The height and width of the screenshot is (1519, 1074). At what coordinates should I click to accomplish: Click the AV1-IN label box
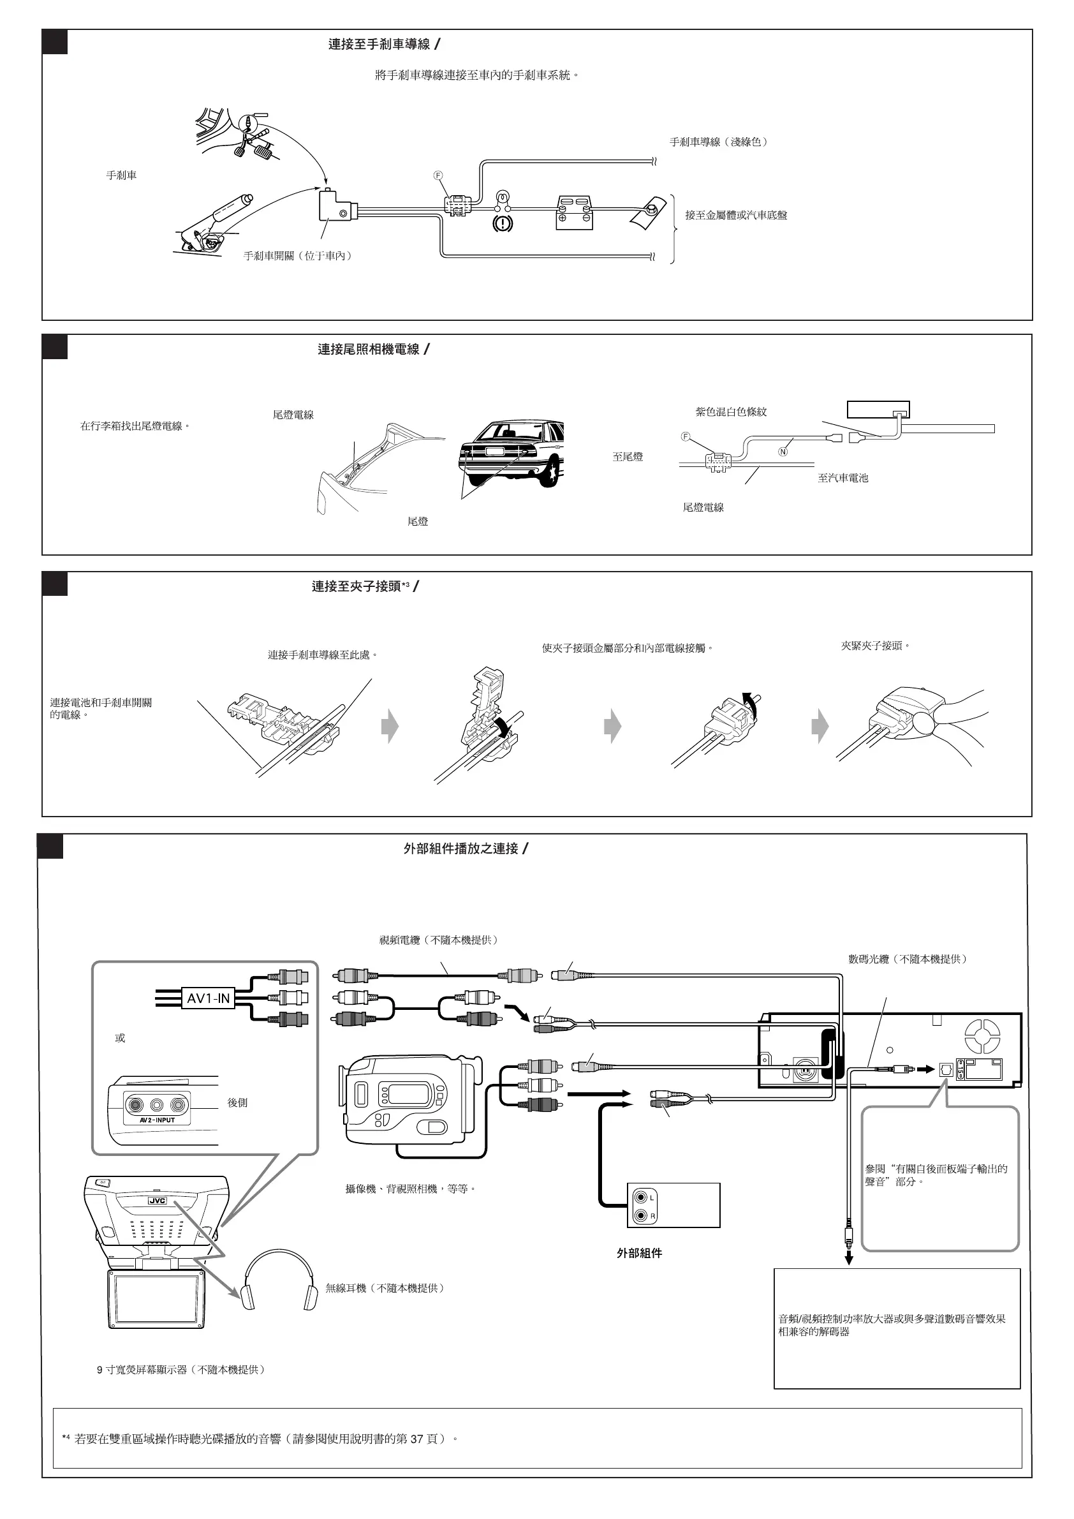(209, 998)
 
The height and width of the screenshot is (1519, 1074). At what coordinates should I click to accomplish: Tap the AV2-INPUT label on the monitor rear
(158, 1120)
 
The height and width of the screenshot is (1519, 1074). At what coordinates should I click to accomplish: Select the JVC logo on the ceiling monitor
(157, 1201)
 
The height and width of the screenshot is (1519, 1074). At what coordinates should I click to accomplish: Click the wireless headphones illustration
(280, 1280)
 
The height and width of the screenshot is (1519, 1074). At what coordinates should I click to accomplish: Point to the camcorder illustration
(408, 1099)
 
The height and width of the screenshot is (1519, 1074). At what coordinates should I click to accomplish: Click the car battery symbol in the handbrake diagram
(574, 212)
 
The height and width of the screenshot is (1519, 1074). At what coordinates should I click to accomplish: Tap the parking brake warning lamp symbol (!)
(503, 223)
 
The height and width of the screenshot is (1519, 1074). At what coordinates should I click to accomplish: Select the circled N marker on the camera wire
(783, 452)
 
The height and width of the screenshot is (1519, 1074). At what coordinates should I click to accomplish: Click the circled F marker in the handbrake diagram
(438, 175)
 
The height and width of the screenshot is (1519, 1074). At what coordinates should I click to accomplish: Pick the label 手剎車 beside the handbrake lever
(122, 175)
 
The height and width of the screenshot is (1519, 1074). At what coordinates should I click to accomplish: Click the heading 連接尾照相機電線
(369, 350)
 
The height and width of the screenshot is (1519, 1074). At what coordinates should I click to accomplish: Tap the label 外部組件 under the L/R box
(639, 1253)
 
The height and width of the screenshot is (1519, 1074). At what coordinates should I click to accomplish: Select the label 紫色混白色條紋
(731, 411)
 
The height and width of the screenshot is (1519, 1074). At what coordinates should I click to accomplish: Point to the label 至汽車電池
(842, 478)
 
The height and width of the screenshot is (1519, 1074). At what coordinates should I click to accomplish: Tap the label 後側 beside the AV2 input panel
(237, 1102)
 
